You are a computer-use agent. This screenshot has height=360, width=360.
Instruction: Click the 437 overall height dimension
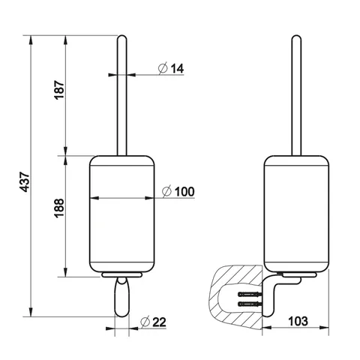click(25, 181)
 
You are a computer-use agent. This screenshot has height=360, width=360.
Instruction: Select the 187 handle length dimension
click(59, 90)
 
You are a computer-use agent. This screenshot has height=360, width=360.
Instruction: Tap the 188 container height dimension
click(59, 208)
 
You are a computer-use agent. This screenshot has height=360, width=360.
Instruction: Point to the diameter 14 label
click(171, 68)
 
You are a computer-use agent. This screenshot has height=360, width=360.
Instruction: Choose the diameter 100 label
click(178, 192)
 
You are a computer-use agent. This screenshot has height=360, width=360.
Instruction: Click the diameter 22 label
click(153, 322)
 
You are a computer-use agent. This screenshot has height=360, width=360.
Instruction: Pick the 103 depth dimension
click(298, 321)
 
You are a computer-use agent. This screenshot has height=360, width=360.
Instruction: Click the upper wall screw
click(250, 294)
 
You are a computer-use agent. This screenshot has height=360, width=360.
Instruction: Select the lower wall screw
click(250, 304)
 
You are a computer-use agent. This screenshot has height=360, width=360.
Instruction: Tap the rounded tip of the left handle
click(122, 37)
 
